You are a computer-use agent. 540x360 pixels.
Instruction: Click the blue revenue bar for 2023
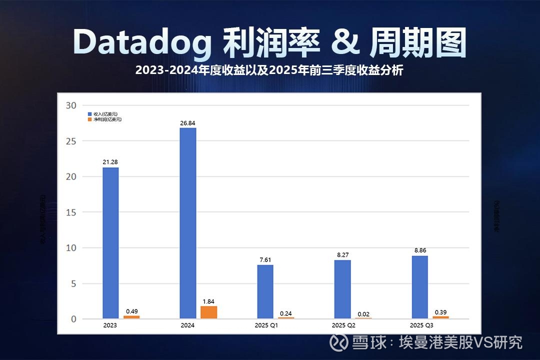(x=110, y=243)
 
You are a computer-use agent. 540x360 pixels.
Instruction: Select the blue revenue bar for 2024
(x=188, y=223)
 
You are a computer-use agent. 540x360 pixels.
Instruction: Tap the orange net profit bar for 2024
(x=208, y=312)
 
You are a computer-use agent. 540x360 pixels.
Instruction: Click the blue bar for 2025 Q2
(x=342, y=289)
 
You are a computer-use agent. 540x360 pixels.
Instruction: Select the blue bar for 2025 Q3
(x=419, y=287)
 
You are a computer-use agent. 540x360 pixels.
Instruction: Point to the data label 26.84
(x=188, y=122)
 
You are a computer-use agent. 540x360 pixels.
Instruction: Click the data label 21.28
(x=110, y=162)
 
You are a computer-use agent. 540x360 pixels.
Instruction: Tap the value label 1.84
(x=208, y=301)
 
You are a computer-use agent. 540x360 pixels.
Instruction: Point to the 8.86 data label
(x=419, y=250)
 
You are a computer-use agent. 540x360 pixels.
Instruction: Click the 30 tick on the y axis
(x=71, y=105)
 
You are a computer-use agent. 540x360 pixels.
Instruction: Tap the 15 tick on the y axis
(x=71, y=212)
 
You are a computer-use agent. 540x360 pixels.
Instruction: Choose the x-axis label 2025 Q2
(x=344, y=325)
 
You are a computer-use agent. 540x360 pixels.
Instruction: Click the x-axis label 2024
(x=188, y=325)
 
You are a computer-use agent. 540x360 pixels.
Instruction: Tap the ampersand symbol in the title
(x=345, y=42)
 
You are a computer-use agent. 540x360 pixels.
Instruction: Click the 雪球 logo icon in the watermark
(x=341, y=342)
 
